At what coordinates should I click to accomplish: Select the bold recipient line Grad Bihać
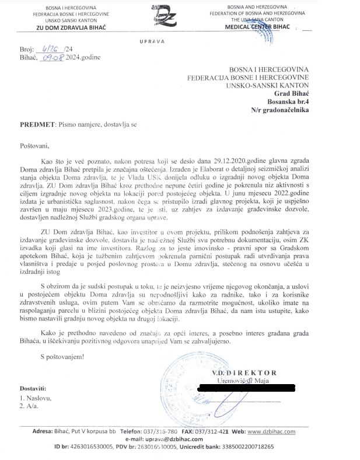[x=290, y=92]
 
